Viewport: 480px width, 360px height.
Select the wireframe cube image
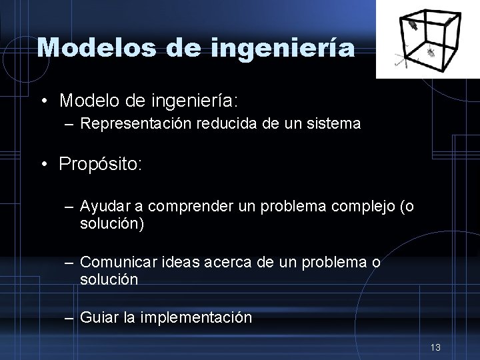[x=427, y=39]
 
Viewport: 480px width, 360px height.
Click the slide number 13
[x=436, y=347]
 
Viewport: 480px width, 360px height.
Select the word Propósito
[x=100, y=164]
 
